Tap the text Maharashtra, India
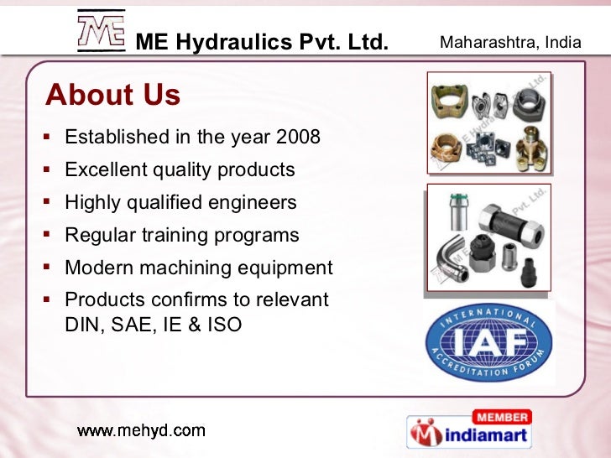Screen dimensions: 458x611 [510, 41]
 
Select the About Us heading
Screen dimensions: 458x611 [113, 96]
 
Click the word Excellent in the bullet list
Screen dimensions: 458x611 [105, 169]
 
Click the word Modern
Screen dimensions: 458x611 [96, 268]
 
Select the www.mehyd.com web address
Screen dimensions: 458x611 [141, 431]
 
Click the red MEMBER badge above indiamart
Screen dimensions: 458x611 [502, 417]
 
